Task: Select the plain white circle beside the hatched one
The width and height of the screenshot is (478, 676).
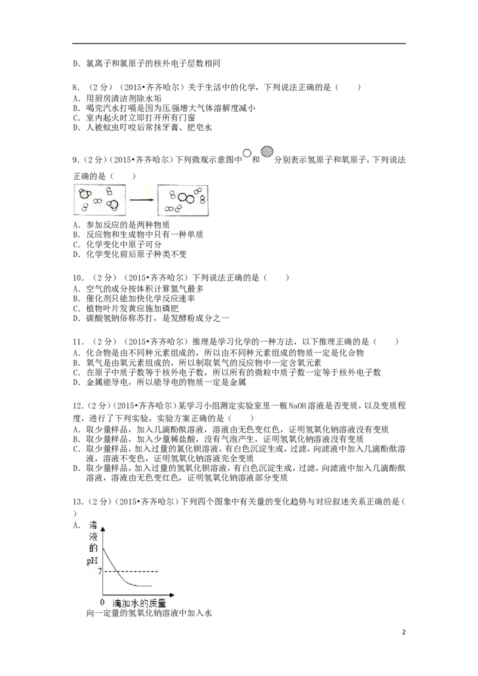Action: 246,154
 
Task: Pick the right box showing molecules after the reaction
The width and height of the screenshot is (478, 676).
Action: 184,199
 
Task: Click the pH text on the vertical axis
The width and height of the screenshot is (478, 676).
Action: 92,560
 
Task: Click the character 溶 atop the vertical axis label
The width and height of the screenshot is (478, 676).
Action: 93,526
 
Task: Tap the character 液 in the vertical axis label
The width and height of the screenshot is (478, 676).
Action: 93,537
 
